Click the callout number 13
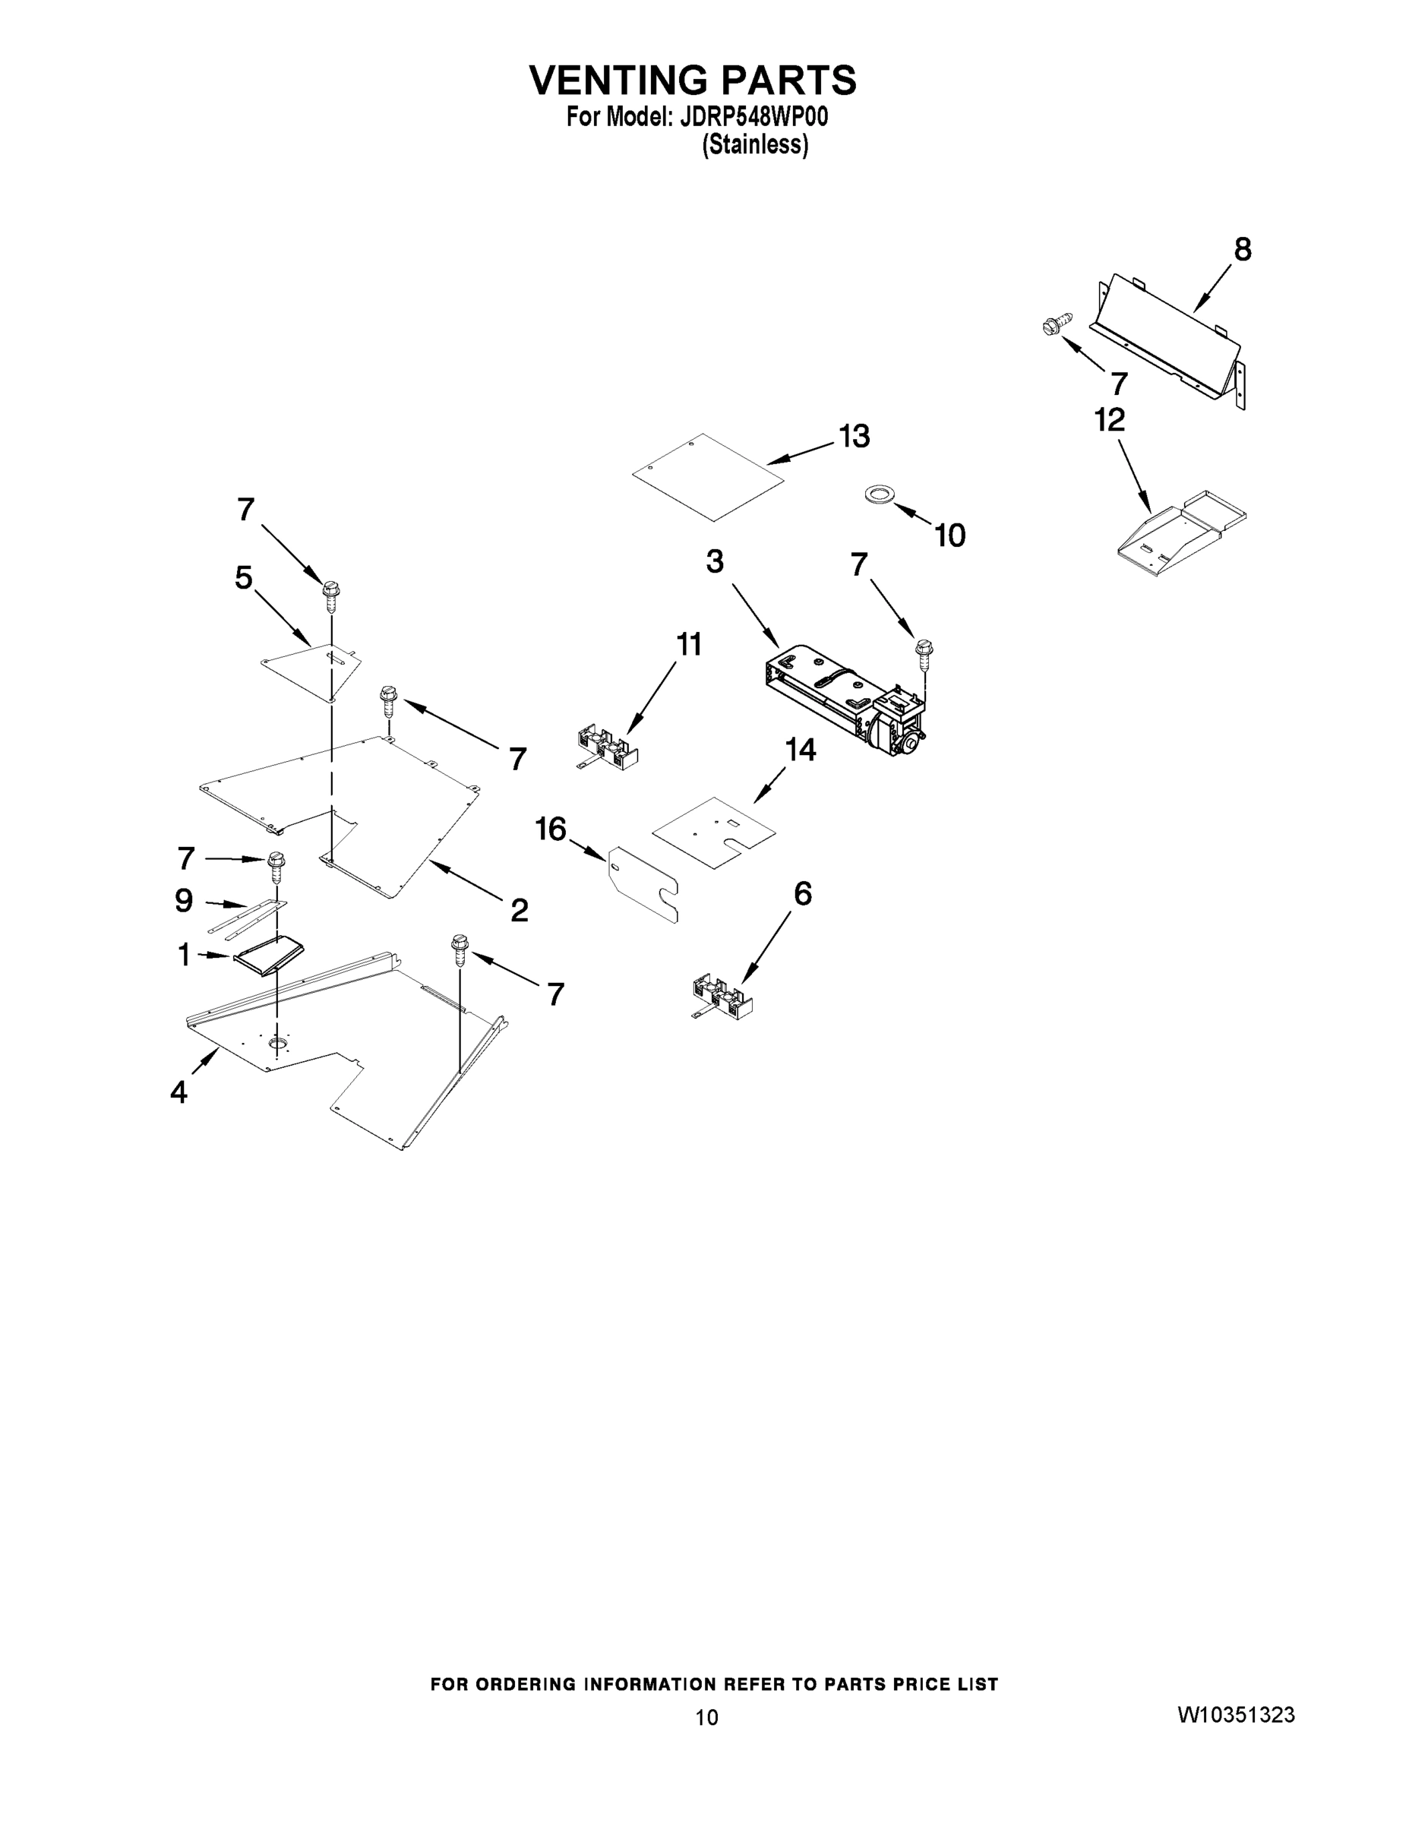pyautogui.click(x=854, y=437)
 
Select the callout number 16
pyautogui.click(x=551, y=829)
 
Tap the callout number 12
pyautogui.click(x=1109, y=420)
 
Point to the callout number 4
pyautogui.click(x=178, y=1092)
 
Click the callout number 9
pyautogui.click(x=184, y=900)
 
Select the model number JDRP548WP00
pyautogui.click(x=753, y=117)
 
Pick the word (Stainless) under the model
pyautogui.click(x=754, y=145)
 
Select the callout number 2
pyautogui.click(x=520, y=910)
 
